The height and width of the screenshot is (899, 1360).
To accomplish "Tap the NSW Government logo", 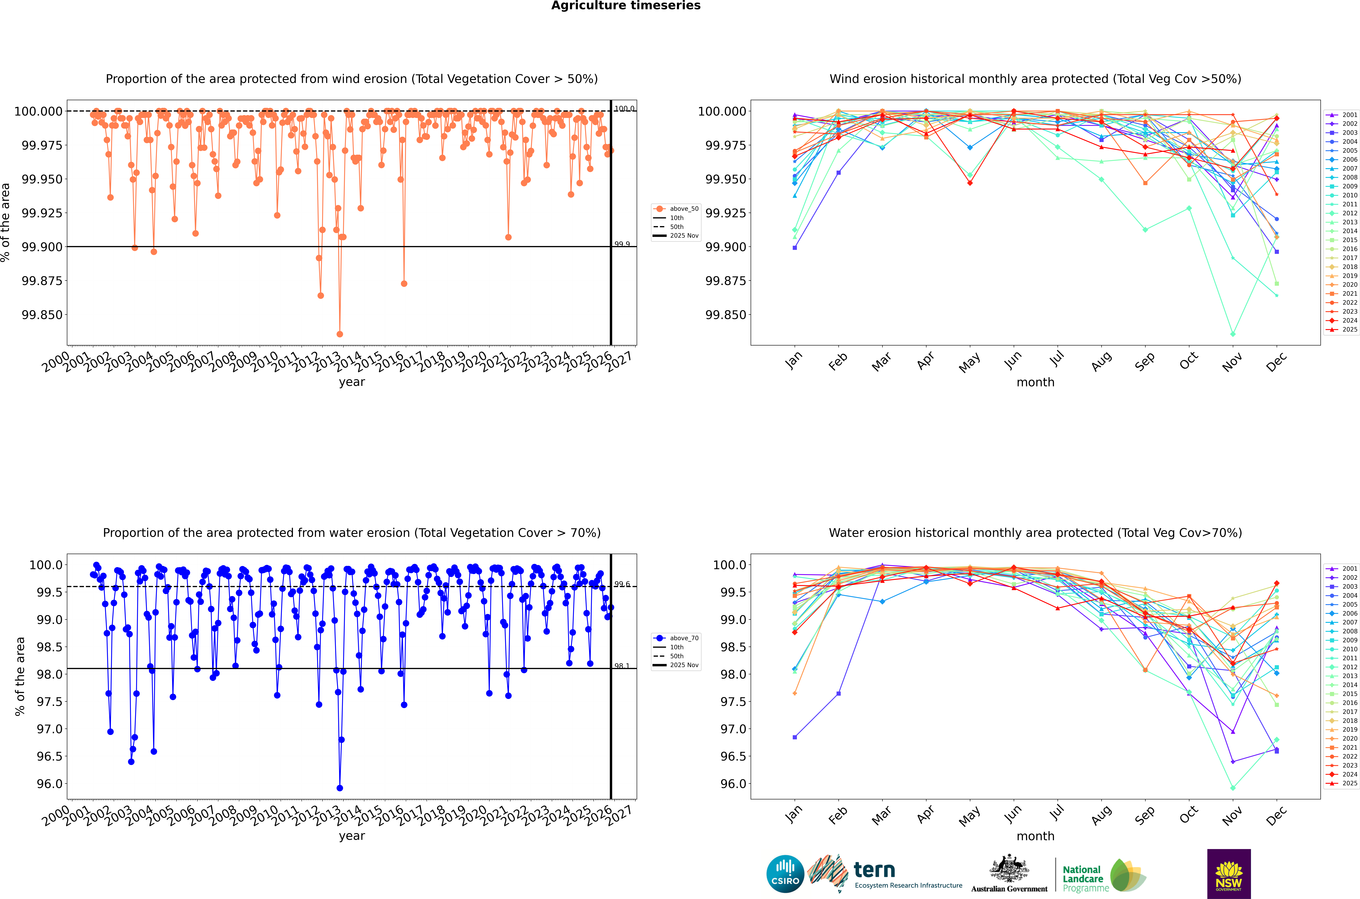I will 1229,874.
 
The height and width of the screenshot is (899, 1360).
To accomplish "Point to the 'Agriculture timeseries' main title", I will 626,6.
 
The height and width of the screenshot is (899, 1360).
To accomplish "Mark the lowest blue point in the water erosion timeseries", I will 340,788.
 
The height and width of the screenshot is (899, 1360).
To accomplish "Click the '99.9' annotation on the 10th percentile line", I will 622,244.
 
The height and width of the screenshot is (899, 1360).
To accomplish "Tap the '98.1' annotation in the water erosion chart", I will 622,666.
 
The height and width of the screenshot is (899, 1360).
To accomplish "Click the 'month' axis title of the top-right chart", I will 1035,382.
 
